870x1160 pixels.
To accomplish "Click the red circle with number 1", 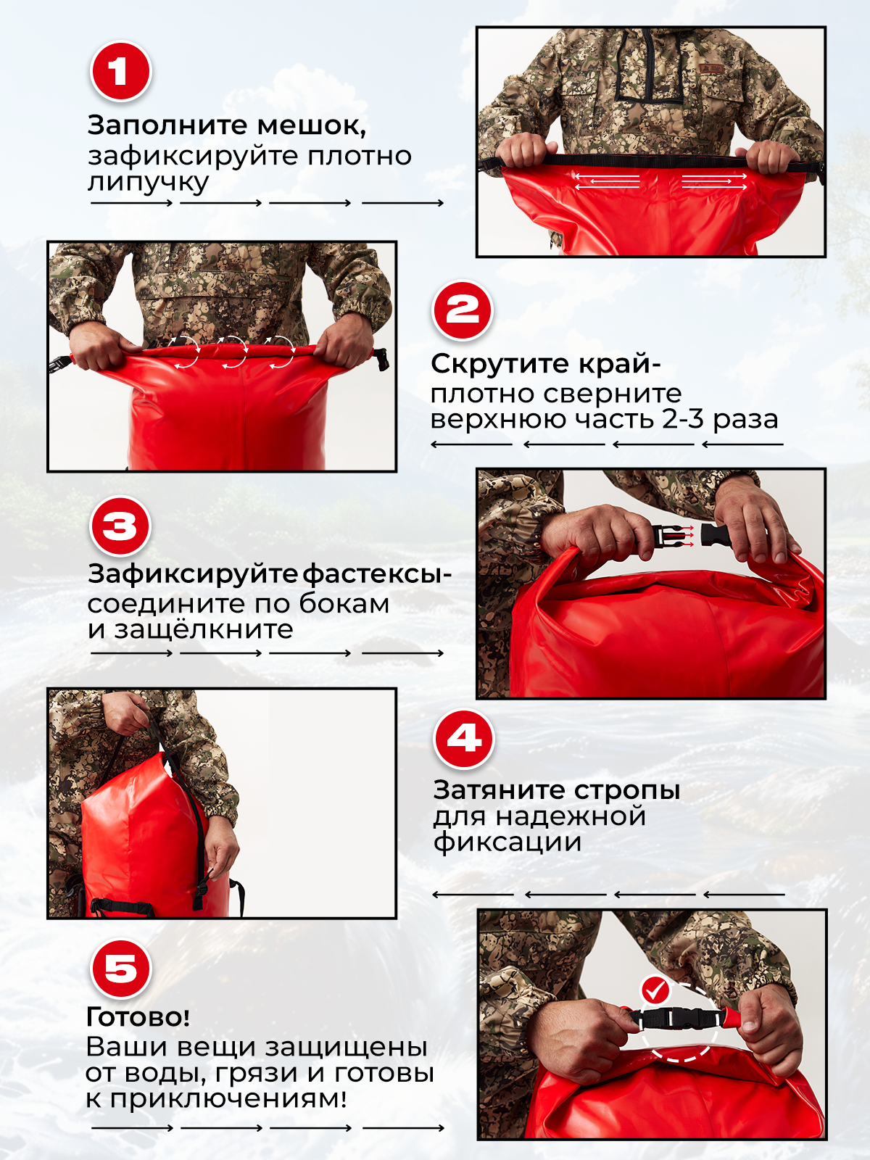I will tap(120, 72).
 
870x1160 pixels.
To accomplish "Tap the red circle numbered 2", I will tap(463, 311).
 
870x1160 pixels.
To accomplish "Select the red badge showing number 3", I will tap(120, 526).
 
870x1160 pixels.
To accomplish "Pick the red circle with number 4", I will tap(464, 739).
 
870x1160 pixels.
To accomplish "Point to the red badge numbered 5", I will tap(120, 969).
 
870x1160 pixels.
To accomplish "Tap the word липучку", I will tap(148, 181).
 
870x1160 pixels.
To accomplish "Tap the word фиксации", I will tap(507, 842).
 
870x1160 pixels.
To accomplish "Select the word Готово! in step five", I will tap(138, 1017).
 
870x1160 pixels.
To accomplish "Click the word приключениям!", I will tap(228, 1098).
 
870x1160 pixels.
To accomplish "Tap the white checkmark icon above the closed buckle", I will tap(656, 989).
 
